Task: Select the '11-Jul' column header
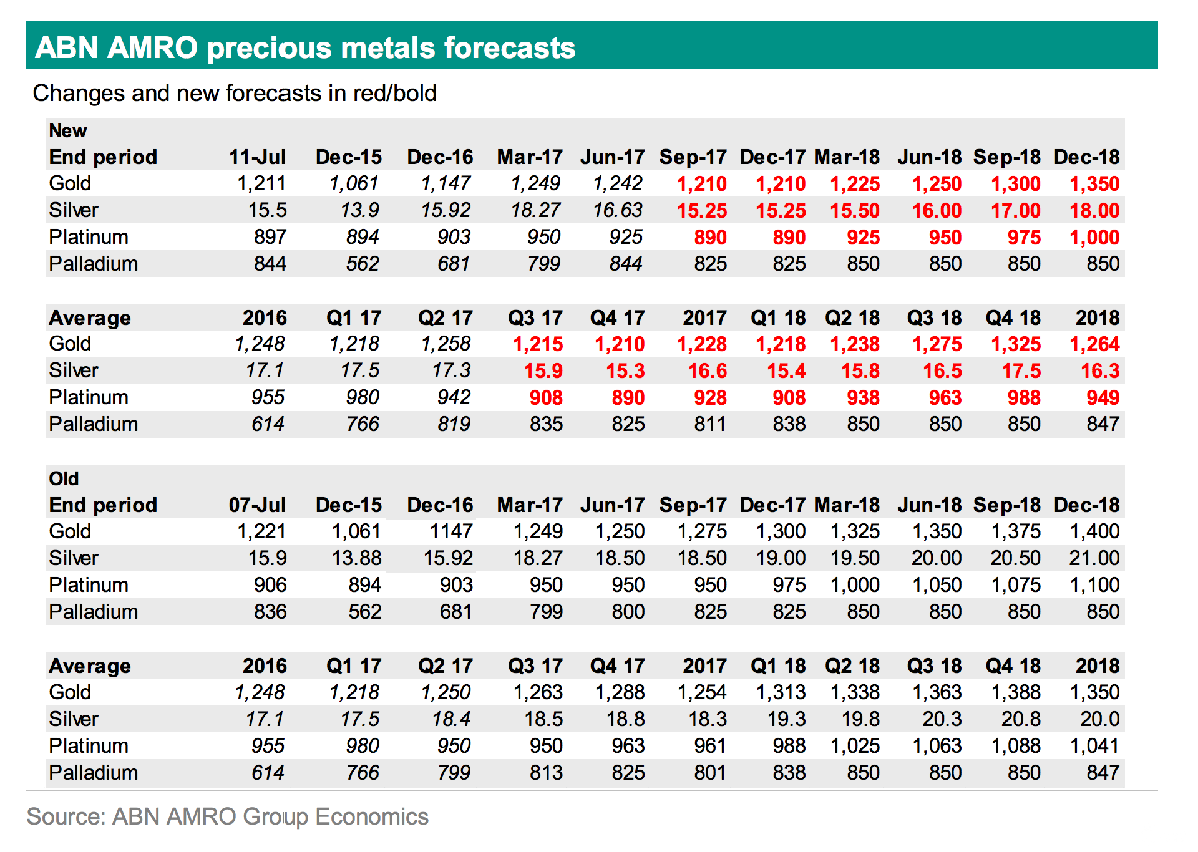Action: [x=257, y=157]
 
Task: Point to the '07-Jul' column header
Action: [x=257, y=505]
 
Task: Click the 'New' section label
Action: [x=68, y=131]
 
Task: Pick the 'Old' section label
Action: [x=64, y=479]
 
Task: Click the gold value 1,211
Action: [x=261, y=183]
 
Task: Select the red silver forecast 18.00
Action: [x=1094, y=211]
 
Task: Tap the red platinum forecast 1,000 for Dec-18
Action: [x=1094, y=238]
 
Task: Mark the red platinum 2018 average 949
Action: [x=1103, y=398]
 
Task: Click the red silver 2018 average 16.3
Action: [x=1100, y=371]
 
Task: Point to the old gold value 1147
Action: [x=451, y=531]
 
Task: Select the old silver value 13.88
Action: [x=356, y=558]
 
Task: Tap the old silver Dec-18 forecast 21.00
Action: [x=1094, y=558]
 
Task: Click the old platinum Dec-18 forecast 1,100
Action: [x=1094, y=585]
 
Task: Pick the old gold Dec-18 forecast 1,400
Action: [x=1094, y=531]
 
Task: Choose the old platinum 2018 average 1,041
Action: [x=1094, y=746]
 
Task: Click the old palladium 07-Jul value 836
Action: [x=270, y=612]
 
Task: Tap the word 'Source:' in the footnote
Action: [x=66, y=817]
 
